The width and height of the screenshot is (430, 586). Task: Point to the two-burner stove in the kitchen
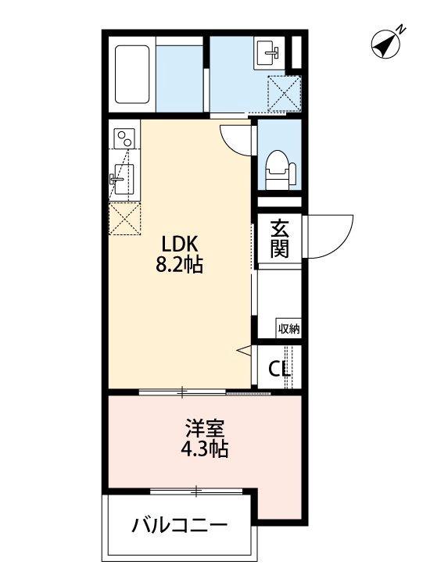pyautogui.click(x=124, y=139)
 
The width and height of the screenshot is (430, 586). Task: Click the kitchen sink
pyautogui.click(x=123, y=179)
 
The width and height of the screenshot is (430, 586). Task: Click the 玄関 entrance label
pyautogui.click(x=279, y=239)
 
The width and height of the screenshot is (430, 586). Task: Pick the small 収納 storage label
pyautogui.click(x=288, y=328)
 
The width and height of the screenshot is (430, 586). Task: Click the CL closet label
pyautogui.click(x=279, y=368)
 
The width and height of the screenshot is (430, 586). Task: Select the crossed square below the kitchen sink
pyautogui.click(x=124, y=219)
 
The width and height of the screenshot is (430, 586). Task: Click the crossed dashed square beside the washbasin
pyautogui.click(x=283, y=91)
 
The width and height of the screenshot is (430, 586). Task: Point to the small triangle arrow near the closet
pyautogui.click(x=243, y=349)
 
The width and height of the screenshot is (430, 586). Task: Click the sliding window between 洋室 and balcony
pyautogui.click(x=196, y=491)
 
